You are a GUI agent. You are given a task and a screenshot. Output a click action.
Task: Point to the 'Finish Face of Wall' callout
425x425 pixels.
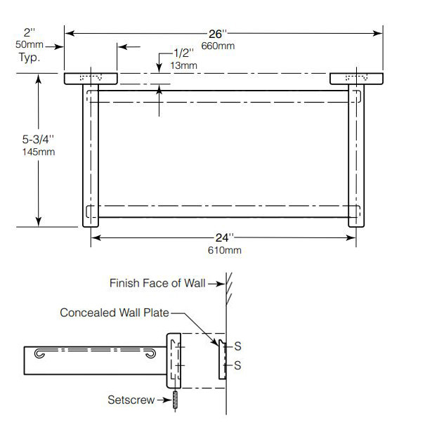(157, 283)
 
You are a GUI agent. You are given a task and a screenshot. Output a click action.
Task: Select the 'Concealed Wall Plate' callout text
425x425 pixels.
(115, 313)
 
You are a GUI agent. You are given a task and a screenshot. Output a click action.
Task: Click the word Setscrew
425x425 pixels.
(130, 400)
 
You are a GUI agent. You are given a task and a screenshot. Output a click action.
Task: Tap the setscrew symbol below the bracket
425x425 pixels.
(174, 399)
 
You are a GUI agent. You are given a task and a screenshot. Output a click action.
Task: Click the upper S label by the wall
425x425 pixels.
(237, 346)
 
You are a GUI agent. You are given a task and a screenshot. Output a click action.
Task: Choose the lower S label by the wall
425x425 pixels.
(237, 365)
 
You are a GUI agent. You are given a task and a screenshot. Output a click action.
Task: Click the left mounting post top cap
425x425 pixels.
(91, 78)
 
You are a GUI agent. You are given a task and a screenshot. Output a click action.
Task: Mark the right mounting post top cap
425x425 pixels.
(356, 78)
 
